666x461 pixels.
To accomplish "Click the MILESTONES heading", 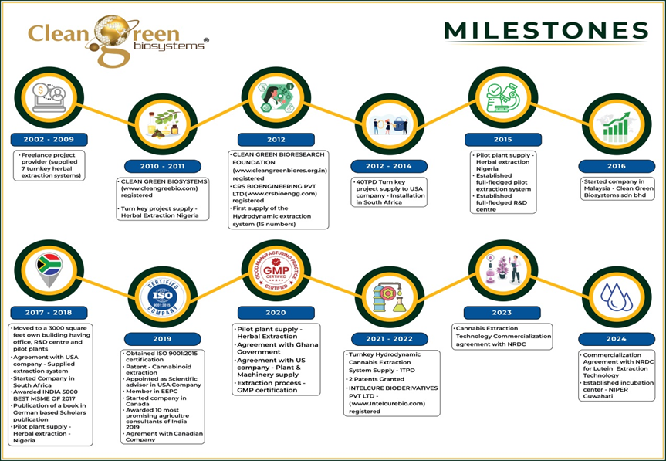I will coord(546,30).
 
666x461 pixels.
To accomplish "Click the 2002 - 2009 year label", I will coord(48,141).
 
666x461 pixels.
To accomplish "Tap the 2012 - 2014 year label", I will coord(382,166).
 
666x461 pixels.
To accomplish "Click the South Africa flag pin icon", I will coord(49,269).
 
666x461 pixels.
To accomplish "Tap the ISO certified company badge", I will coord(162,298).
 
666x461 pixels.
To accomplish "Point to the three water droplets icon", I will coord(615,298).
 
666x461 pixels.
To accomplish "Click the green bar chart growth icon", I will coord(615,126).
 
